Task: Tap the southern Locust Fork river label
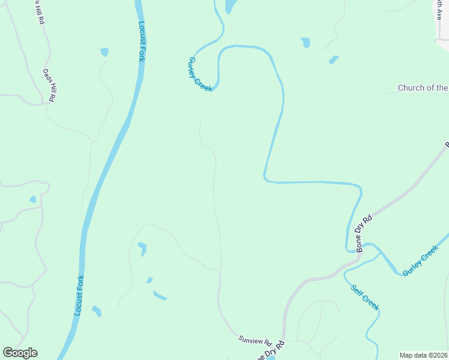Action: tap(78, 296)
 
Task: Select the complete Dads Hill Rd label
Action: tap(50, 85)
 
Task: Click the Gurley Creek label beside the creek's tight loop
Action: tap(200, 74)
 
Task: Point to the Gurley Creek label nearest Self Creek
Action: tap(421, 261)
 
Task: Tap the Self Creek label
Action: tap(365, 296)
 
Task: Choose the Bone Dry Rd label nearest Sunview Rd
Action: tap(268, 351)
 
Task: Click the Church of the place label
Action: tap(423, 88)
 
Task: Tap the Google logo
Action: tap(20, 353)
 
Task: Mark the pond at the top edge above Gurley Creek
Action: tap(230, 6)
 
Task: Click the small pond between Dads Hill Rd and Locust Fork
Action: tap(104, 52)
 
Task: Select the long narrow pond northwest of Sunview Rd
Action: tap(160, 295)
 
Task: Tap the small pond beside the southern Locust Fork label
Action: tap(97, 311)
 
